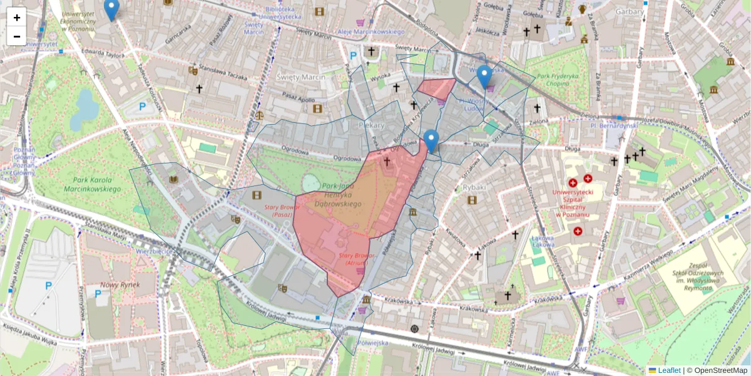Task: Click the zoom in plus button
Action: pyautogui.click(x=17, y=18)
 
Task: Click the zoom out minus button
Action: pyautogui.click(x=17, y=36)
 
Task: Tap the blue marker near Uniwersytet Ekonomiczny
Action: pyautogui.click(x=111, y=9)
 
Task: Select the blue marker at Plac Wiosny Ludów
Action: pyautogui.click(x=484, y=76)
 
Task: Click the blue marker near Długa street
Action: pyautogui.click(x=431, y=140)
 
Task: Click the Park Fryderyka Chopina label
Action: pyautogui.click(x=557, y=79)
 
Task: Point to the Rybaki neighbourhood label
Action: pyautogui.click(x=474, y=187)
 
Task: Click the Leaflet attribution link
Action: pyautogui.click(x=669, y=370)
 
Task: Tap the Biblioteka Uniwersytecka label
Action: pyautogui.click(x=279, y=13)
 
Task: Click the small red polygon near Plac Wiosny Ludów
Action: pyautogui.click(x=437, y=88)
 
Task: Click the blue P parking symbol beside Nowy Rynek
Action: pyautogui.click(x=98, y=293)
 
